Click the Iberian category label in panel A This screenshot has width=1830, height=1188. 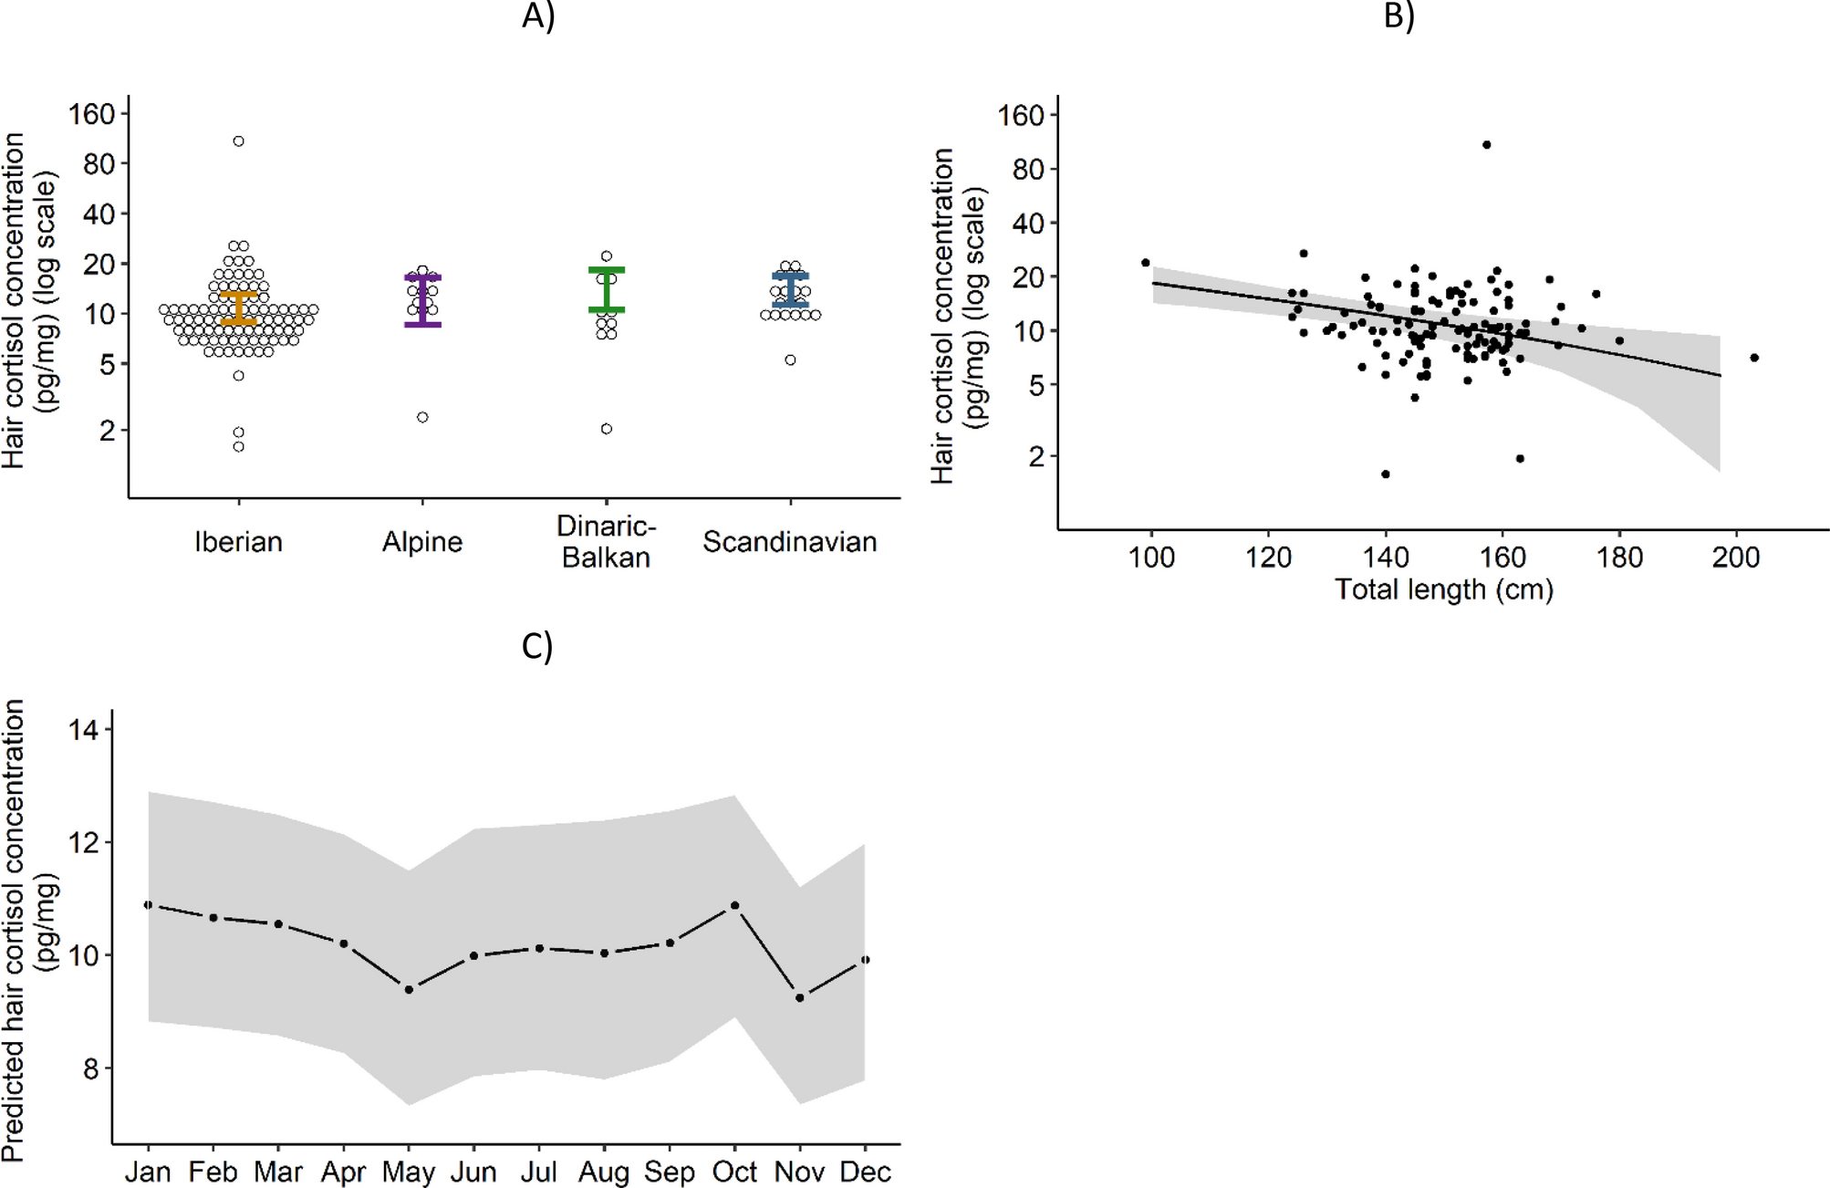[238, 542]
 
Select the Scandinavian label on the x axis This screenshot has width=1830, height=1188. [789, 542]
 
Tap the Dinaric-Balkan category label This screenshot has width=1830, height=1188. [606, 542]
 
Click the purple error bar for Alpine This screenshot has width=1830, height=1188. [422, 300]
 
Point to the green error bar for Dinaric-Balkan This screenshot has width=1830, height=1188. [607, 290]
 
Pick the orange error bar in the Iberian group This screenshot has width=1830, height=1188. [239, 308]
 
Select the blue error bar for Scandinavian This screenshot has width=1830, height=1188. [790, 289]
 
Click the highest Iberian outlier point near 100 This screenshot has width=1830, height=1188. [238, 141]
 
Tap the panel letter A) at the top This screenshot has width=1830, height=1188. [538, 16]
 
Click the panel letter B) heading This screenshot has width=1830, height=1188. [1398, 16]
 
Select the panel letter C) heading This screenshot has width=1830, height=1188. [537, 646]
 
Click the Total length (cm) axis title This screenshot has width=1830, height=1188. [1444, 589]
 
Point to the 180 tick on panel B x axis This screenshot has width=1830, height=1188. [1619, 557]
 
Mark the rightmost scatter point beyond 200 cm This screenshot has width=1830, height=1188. [1754, 358]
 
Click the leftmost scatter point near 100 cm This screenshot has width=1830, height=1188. [1146, 263]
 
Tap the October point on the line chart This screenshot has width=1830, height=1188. [735, 905]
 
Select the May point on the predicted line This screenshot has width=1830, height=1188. [409, 989]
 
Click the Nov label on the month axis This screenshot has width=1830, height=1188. [800, 1172]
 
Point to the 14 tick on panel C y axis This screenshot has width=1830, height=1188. [83, 729]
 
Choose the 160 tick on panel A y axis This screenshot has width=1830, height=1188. [92, 114]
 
